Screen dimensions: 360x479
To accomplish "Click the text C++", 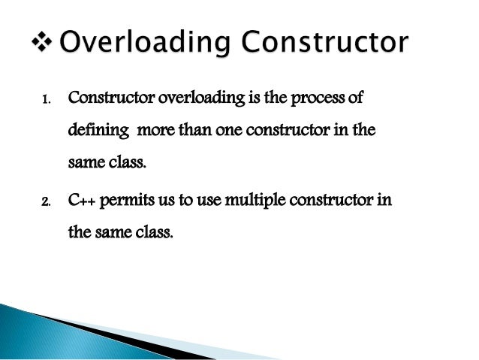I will point(81,201).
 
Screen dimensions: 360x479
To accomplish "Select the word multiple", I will point(245,202).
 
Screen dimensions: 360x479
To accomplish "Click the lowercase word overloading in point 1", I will point(197,99).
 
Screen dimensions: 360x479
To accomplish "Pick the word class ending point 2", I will point(154,232).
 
